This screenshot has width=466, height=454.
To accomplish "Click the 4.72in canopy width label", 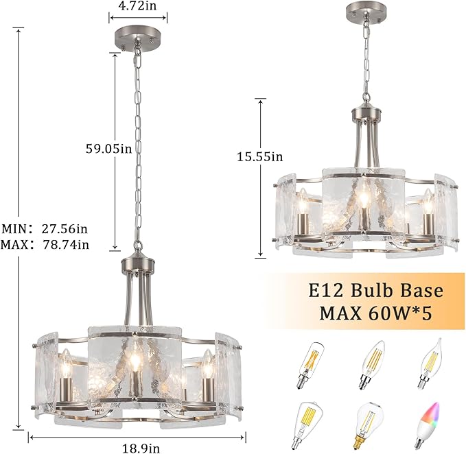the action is click(137, 5).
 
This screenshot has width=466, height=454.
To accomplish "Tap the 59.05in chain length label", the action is click(108, 148).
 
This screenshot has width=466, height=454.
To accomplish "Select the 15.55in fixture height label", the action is click(260, 156).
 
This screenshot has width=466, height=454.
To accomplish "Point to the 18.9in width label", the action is click(141, 448).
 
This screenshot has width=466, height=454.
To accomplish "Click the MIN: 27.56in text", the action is click(45, 228).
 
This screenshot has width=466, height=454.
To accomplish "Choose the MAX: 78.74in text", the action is click(45, 244).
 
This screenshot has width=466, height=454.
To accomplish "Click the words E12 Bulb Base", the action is click(375, 290).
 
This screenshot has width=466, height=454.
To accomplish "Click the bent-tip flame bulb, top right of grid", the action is click(431, 363).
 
